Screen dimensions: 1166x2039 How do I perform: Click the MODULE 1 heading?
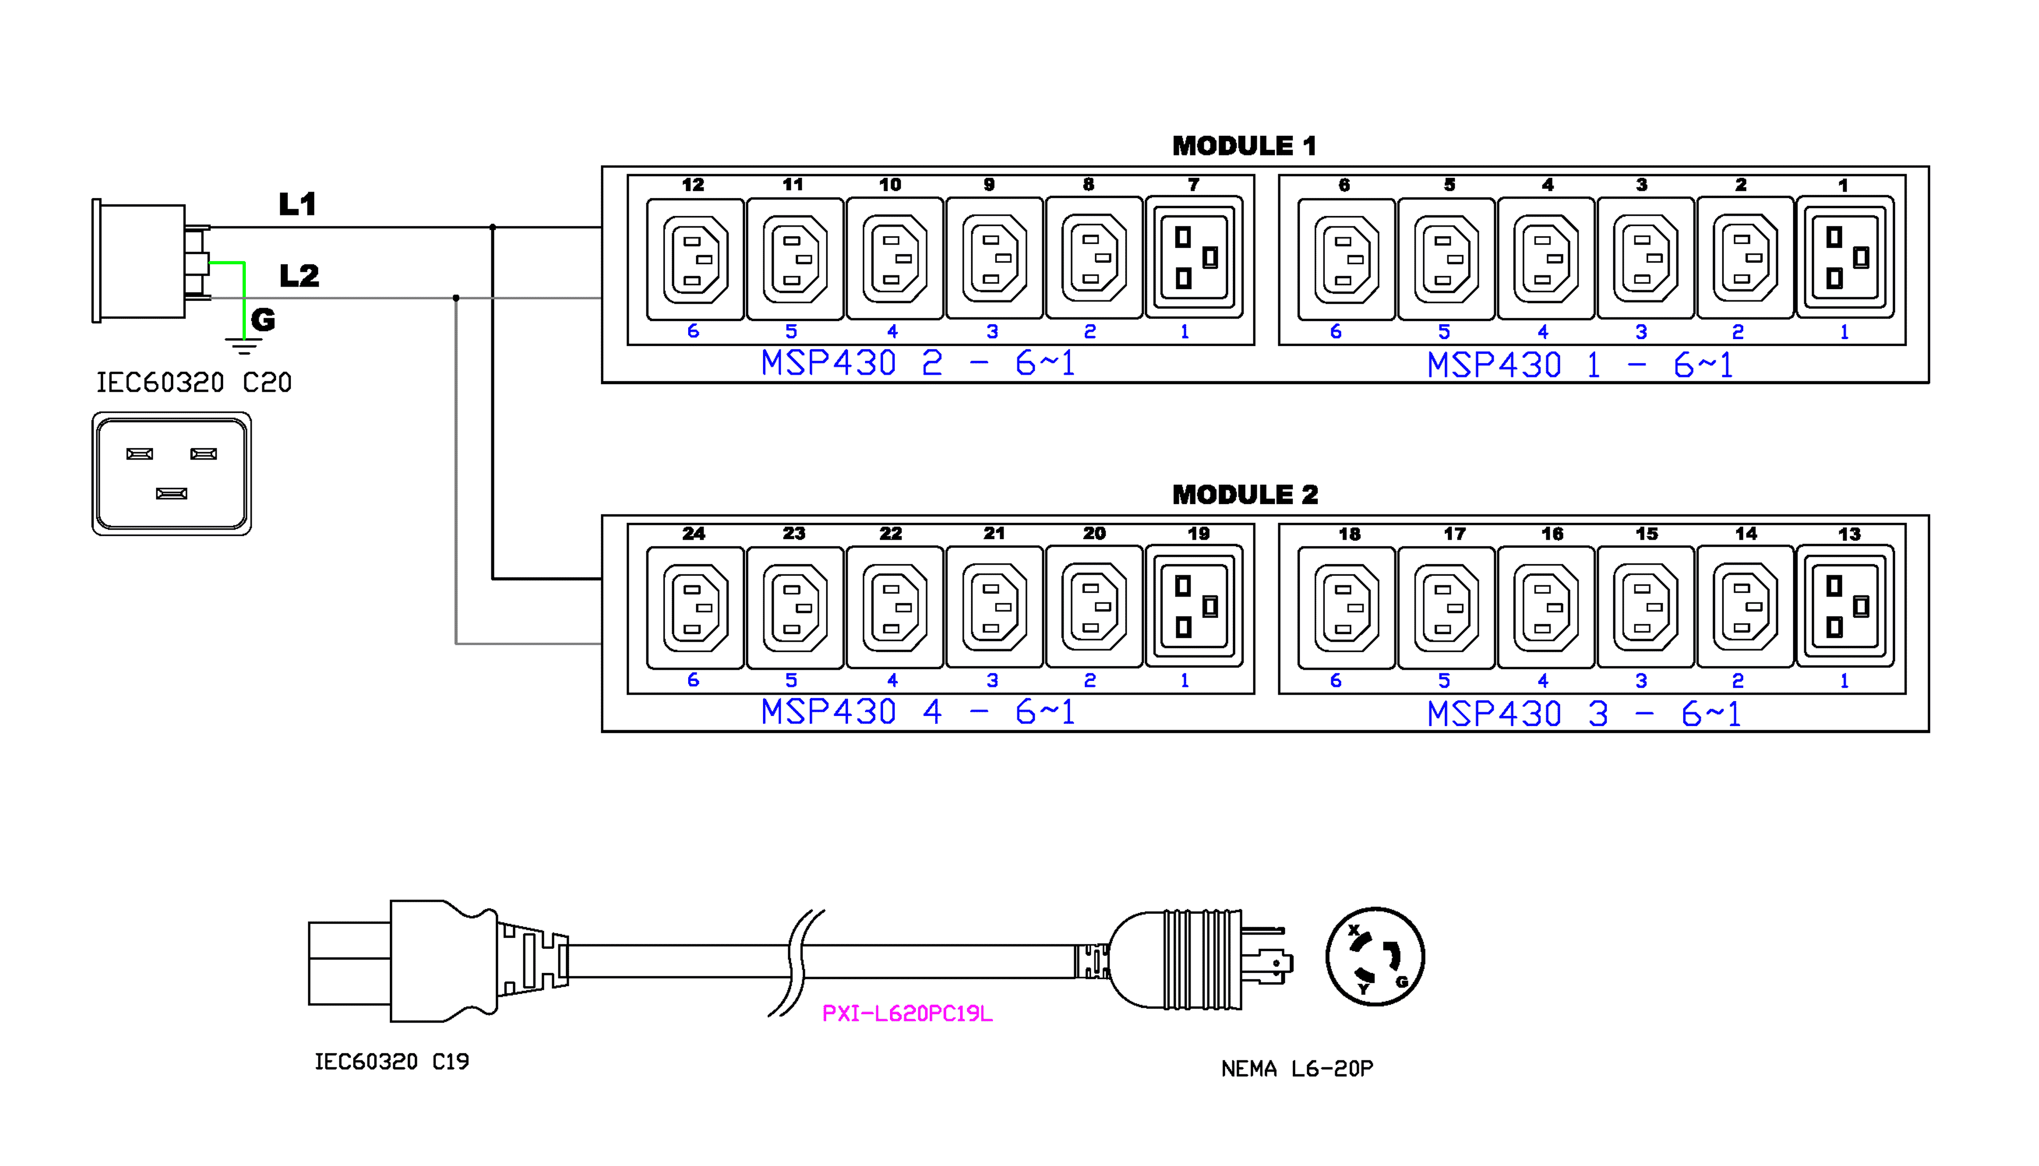[1244, 146]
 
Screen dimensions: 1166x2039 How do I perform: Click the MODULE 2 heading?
[1244, 495]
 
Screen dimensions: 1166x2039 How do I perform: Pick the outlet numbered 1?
[1845, 258]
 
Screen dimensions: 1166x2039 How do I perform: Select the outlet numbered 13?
[1845, 607]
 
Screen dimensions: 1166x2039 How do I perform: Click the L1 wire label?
[297, 204]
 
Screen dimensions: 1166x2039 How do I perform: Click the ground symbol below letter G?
[244, 345]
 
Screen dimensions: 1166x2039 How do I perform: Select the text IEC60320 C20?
[194, 383]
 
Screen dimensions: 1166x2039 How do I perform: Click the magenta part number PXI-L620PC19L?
[907, 1014]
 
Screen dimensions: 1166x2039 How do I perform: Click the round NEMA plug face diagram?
[1375, 957]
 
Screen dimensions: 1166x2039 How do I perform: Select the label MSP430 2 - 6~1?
[918, 364]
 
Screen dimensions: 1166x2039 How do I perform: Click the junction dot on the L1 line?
[493, 228]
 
